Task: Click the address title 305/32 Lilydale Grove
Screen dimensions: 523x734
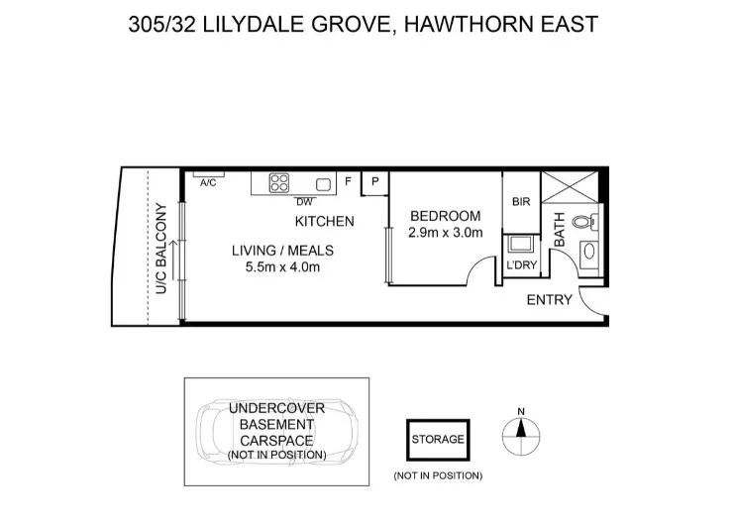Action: point(364,23)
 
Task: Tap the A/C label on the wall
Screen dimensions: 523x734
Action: point(208,183)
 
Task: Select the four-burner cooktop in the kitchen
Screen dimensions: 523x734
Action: point(279,183)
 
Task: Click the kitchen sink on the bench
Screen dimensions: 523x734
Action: point(322,184)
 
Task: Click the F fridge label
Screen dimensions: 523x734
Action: point(348,182)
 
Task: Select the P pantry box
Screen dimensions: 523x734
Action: point(375,182)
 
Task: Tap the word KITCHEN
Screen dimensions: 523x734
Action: point(324,221)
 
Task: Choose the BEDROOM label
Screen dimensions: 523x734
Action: point(445,216)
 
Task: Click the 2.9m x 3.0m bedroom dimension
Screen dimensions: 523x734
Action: point(445,234)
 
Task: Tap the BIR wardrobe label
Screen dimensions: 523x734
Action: point(521,202)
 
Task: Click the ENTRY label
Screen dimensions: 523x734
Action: point(549,300)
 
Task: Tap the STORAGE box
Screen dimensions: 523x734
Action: point(437,440)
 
